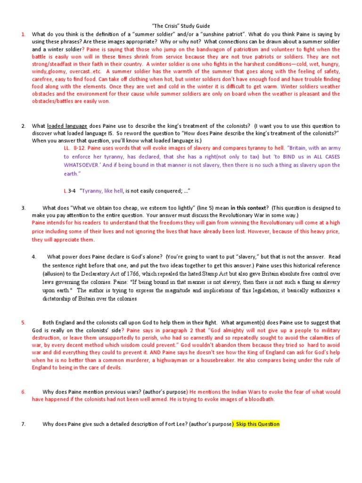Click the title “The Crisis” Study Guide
point(181,26)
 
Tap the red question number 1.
point(23,34)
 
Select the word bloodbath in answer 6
point(258,399)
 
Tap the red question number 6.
point(23,392)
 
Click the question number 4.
point(34,257)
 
